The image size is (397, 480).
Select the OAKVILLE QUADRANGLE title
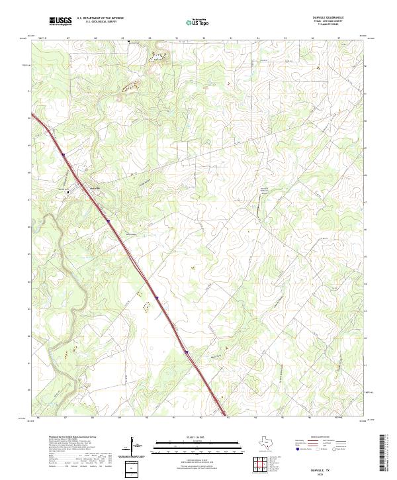[342, 18]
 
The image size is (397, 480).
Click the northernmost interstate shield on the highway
[64, 156]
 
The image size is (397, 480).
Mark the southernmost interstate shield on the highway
[187, 352]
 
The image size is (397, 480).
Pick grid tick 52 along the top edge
[204, 39]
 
